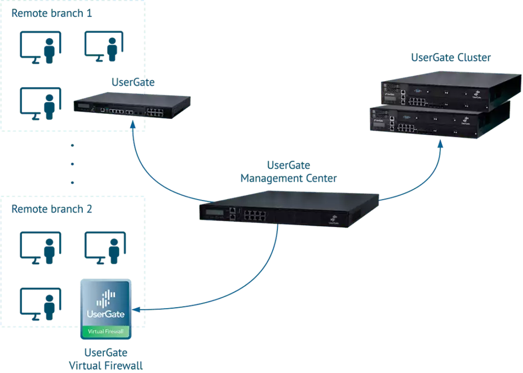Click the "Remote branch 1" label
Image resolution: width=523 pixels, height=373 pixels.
(x=52, y=13)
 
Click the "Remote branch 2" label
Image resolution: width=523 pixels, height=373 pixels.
(x=52, y=209)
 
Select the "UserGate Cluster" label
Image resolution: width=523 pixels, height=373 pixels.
(x=451, y=57)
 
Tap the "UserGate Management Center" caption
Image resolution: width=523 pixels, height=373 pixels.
(x=289, y=172)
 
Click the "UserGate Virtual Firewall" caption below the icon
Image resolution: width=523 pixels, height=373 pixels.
(x=106, y=359)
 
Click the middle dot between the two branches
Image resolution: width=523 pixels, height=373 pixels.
(x=73, y=164)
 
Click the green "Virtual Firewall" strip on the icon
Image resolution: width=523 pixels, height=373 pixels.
(x=106, y=332)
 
